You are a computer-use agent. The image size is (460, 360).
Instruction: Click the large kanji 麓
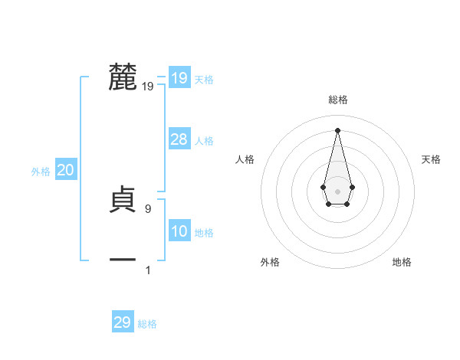(x=123, y=77)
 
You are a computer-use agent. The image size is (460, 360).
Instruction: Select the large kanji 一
(x=123, y=260)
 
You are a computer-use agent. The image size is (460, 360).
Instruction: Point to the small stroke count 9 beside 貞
(x=148, y=209)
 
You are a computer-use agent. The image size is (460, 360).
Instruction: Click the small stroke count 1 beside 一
(x=148, y=270)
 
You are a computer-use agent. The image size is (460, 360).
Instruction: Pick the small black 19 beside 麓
(x=148, y=87)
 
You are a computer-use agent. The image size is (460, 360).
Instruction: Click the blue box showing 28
(x=179, y=139)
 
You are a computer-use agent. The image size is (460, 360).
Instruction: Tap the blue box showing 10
(x=179, y=231)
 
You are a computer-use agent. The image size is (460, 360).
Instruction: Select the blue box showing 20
(x=65, y=170)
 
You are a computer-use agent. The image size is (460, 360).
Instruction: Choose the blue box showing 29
(x=122, y=322)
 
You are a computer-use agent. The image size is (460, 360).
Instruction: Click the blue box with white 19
(x=179, y=78)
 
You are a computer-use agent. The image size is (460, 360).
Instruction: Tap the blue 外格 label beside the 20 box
(x=41, y=172)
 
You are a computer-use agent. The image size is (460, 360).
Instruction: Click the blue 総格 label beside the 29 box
(x=147, y=324)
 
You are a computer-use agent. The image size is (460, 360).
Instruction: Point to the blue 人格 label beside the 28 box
(x=204, y=141)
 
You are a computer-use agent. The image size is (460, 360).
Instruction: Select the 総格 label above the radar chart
(x=337, y=100)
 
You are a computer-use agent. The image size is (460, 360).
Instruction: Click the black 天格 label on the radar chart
(x=431, y=159)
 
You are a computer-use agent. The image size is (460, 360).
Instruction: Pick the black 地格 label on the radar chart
(x=402, y=263)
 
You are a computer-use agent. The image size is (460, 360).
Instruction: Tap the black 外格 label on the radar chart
(x=270, y=263)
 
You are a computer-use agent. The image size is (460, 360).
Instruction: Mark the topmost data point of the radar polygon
(x=337, y=129)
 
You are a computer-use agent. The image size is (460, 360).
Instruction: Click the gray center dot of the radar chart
(x=337, y=191)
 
